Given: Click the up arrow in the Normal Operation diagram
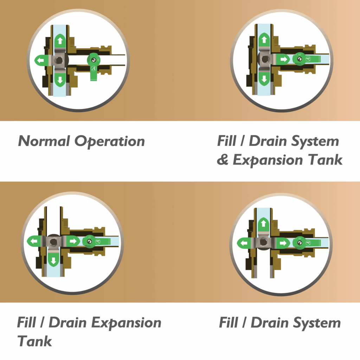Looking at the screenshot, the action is click(x=60, y=41).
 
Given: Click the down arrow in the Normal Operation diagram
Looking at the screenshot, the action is click(x=60, y=80).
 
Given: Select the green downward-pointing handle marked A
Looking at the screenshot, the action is click(x=94, y=67).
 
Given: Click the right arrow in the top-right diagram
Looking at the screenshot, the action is click(x=284, y=59).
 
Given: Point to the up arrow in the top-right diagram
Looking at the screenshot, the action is click(x=264, y=40).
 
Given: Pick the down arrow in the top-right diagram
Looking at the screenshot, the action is click(x=264, y=79).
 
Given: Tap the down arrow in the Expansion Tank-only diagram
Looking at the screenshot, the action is click(x=53, y=261).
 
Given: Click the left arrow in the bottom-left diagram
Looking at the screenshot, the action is click(x=34, y=241).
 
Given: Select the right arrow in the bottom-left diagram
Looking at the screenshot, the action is click(x=73, y=241).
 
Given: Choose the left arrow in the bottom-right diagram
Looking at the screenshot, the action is click(x=244, y=243).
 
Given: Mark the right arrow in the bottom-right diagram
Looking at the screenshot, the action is click(x=283, y=243).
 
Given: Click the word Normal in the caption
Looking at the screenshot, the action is click(x=44, y=141).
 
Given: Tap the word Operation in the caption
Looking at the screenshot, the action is click(x=110, y=141).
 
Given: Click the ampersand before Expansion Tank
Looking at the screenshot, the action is click(x=223, y=159).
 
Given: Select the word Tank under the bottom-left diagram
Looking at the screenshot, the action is click(x=35, y=341).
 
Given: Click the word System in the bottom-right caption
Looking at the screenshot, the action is click(x=317, y=323).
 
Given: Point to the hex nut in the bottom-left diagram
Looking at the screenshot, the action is click(x=53, y=242).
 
